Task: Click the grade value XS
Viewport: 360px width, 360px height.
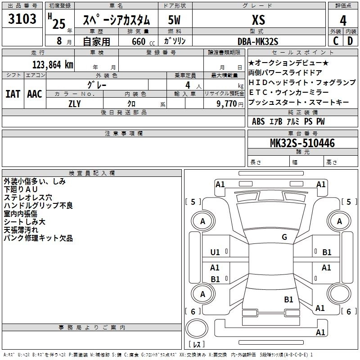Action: tap(258, 20)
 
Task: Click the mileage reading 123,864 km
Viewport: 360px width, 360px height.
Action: tap(53, 64)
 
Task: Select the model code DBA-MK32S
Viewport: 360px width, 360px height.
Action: tap(258, 41)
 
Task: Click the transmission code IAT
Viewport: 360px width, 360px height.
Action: tap(13, 94)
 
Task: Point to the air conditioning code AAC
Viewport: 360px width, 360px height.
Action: tap(34, 94)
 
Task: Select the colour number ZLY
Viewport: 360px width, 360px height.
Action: tap(75, 103)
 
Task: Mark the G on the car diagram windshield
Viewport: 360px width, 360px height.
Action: tap(284, 237)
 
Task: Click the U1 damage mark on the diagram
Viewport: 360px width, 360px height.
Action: tap(215, 252)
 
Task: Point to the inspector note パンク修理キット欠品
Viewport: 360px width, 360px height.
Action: tap(38, 238)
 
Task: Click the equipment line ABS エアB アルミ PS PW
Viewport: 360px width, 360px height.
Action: tap(288, 121)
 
